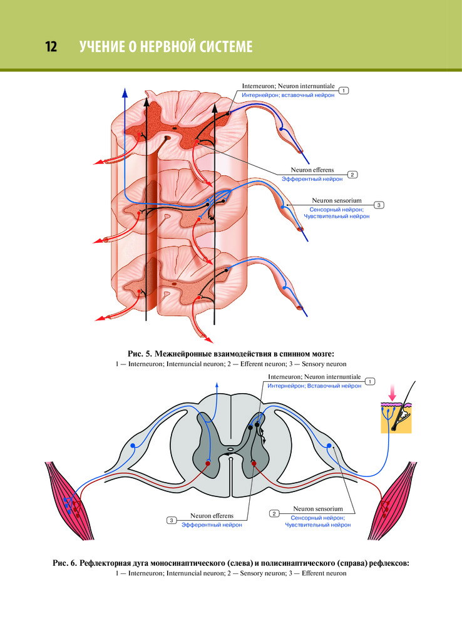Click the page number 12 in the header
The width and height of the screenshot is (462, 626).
tap(51, 47)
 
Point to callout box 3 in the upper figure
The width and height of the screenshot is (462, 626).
tap(379, 205)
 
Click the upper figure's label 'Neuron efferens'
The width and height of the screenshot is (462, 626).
tap(312, 170)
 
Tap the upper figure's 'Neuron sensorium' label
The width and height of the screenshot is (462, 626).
tap(336, 200)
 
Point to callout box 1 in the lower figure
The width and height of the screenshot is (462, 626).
tap(370, 381)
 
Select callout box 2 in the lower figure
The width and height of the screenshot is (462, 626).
tap(274, 513)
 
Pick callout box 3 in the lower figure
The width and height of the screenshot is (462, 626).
tap(171, 520)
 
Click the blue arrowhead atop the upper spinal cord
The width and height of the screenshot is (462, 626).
tap(125, 93)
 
